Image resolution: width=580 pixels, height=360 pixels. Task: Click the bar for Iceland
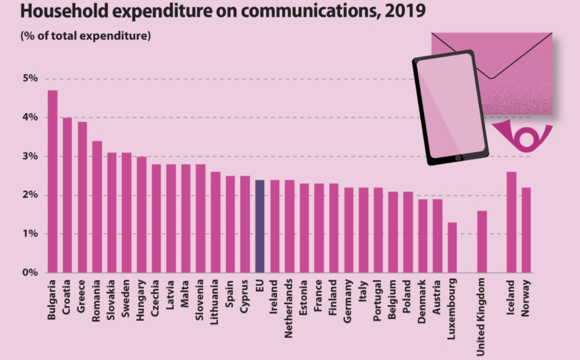pos(512,222)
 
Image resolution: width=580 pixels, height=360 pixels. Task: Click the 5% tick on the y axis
pos(30,79)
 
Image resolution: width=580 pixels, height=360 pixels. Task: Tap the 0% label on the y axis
pos(30,272)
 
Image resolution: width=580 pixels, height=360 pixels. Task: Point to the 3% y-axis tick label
pos(30,156)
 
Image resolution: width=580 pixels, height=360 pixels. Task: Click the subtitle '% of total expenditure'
pos(86,37)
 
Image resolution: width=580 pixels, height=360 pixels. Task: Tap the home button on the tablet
pos(458,158)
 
